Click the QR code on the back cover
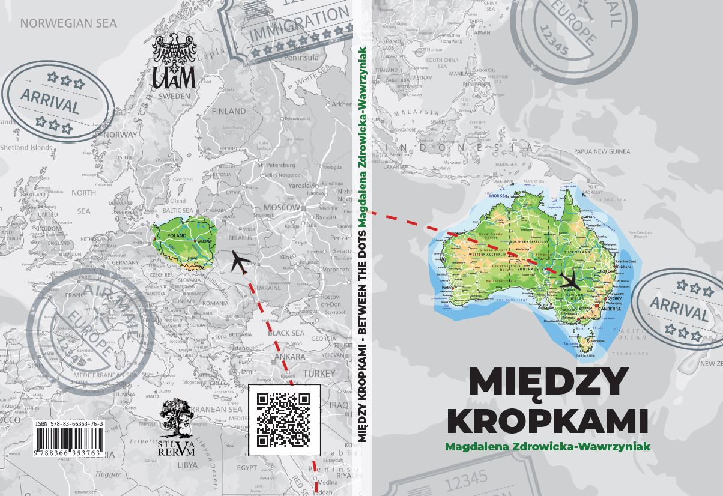click(283, 420)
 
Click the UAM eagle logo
click(174, 60)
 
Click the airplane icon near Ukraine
click(240, 262)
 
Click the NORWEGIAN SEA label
click(68, 24)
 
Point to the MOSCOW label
click(282, 207)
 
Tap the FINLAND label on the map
click(228, 111)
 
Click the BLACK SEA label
click(286, 333)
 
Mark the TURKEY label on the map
click(319, 373)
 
